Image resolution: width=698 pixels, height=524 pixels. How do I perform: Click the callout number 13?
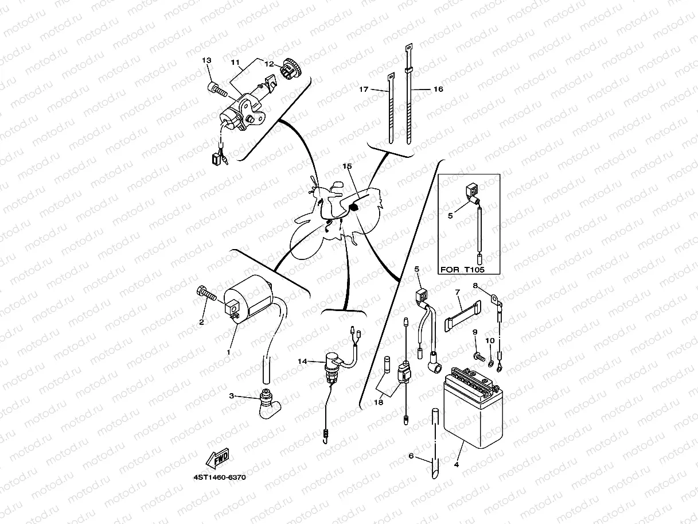click(206, 61)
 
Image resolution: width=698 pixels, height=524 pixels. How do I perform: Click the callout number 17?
click(364, 89)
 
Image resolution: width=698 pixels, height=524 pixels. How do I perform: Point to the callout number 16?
click(438, 89)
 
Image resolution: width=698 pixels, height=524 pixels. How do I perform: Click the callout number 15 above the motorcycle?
click(347, 166)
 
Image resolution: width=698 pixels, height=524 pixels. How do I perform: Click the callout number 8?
click(475, 285)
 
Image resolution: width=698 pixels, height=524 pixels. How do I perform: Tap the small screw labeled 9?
click(477, 357)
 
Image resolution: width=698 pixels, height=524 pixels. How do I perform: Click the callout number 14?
click(302, 361)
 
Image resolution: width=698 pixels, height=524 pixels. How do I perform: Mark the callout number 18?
click(378, 403)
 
